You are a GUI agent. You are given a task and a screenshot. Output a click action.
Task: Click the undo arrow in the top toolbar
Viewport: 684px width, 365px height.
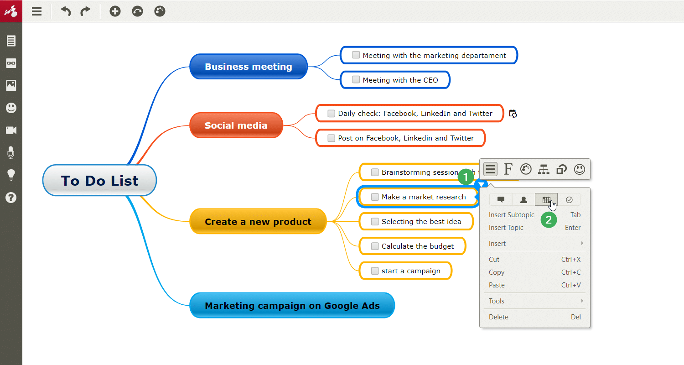[x=66, y=11]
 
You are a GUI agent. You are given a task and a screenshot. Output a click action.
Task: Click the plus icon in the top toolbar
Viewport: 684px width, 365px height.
[x=115, y=11]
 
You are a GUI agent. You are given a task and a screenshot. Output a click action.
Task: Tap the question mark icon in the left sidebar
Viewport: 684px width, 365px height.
[x=11, y=198]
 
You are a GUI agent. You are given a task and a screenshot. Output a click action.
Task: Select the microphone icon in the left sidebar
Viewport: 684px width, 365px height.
[x=11, y=153]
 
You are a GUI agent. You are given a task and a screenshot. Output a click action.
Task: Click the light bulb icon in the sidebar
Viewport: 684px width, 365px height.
[x=11, y=175]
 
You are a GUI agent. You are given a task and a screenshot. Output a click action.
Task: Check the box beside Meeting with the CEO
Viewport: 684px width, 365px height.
[x=356, y=80]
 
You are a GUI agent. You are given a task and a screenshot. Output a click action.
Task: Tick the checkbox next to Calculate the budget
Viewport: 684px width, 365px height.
[x=375, y=246]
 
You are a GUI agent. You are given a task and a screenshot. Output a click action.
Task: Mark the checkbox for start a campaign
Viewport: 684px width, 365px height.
[x=375, y=271]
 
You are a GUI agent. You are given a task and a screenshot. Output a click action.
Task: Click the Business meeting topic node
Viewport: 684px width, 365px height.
[x=248, y=66]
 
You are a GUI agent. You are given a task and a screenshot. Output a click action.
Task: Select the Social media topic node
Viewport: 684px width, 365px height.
[x=236, y=125]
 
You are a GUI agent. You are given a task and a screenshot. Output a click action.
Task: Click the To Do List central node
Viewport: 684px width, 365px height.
[x=99, y=180]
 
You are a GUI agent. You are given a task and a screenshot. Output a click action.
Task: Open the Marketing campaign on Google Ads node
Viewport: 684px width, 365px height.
[x=292, y=305]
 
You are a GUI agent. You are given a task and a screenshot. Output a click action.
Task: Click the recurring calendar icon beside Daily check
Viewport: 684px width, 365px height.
[x=513, y=114]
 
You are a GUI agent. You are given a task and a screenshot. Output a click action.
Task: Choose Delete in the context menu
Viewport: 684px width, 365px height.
[x=499, y=317]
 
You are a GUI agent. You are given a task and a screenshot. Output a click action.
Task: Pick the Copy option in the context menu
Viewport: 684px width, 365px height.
[x=497, y=272]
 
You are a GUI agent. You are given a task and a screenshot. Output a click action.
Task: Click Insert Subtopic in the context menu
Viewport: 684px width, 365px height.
[x=512, y=215]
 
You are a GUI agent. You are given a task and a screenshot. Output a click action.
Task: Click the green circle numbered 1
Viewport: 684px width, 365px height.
[x=466, y=177]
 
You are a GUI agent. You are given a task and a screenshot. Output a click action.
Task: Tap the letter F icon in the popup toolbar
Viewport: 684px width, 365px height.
[x=508, y=169]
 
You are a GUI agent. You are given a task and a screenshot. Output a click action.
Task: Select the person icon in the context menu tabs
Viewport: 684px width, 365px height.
[x=523, y=200]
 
